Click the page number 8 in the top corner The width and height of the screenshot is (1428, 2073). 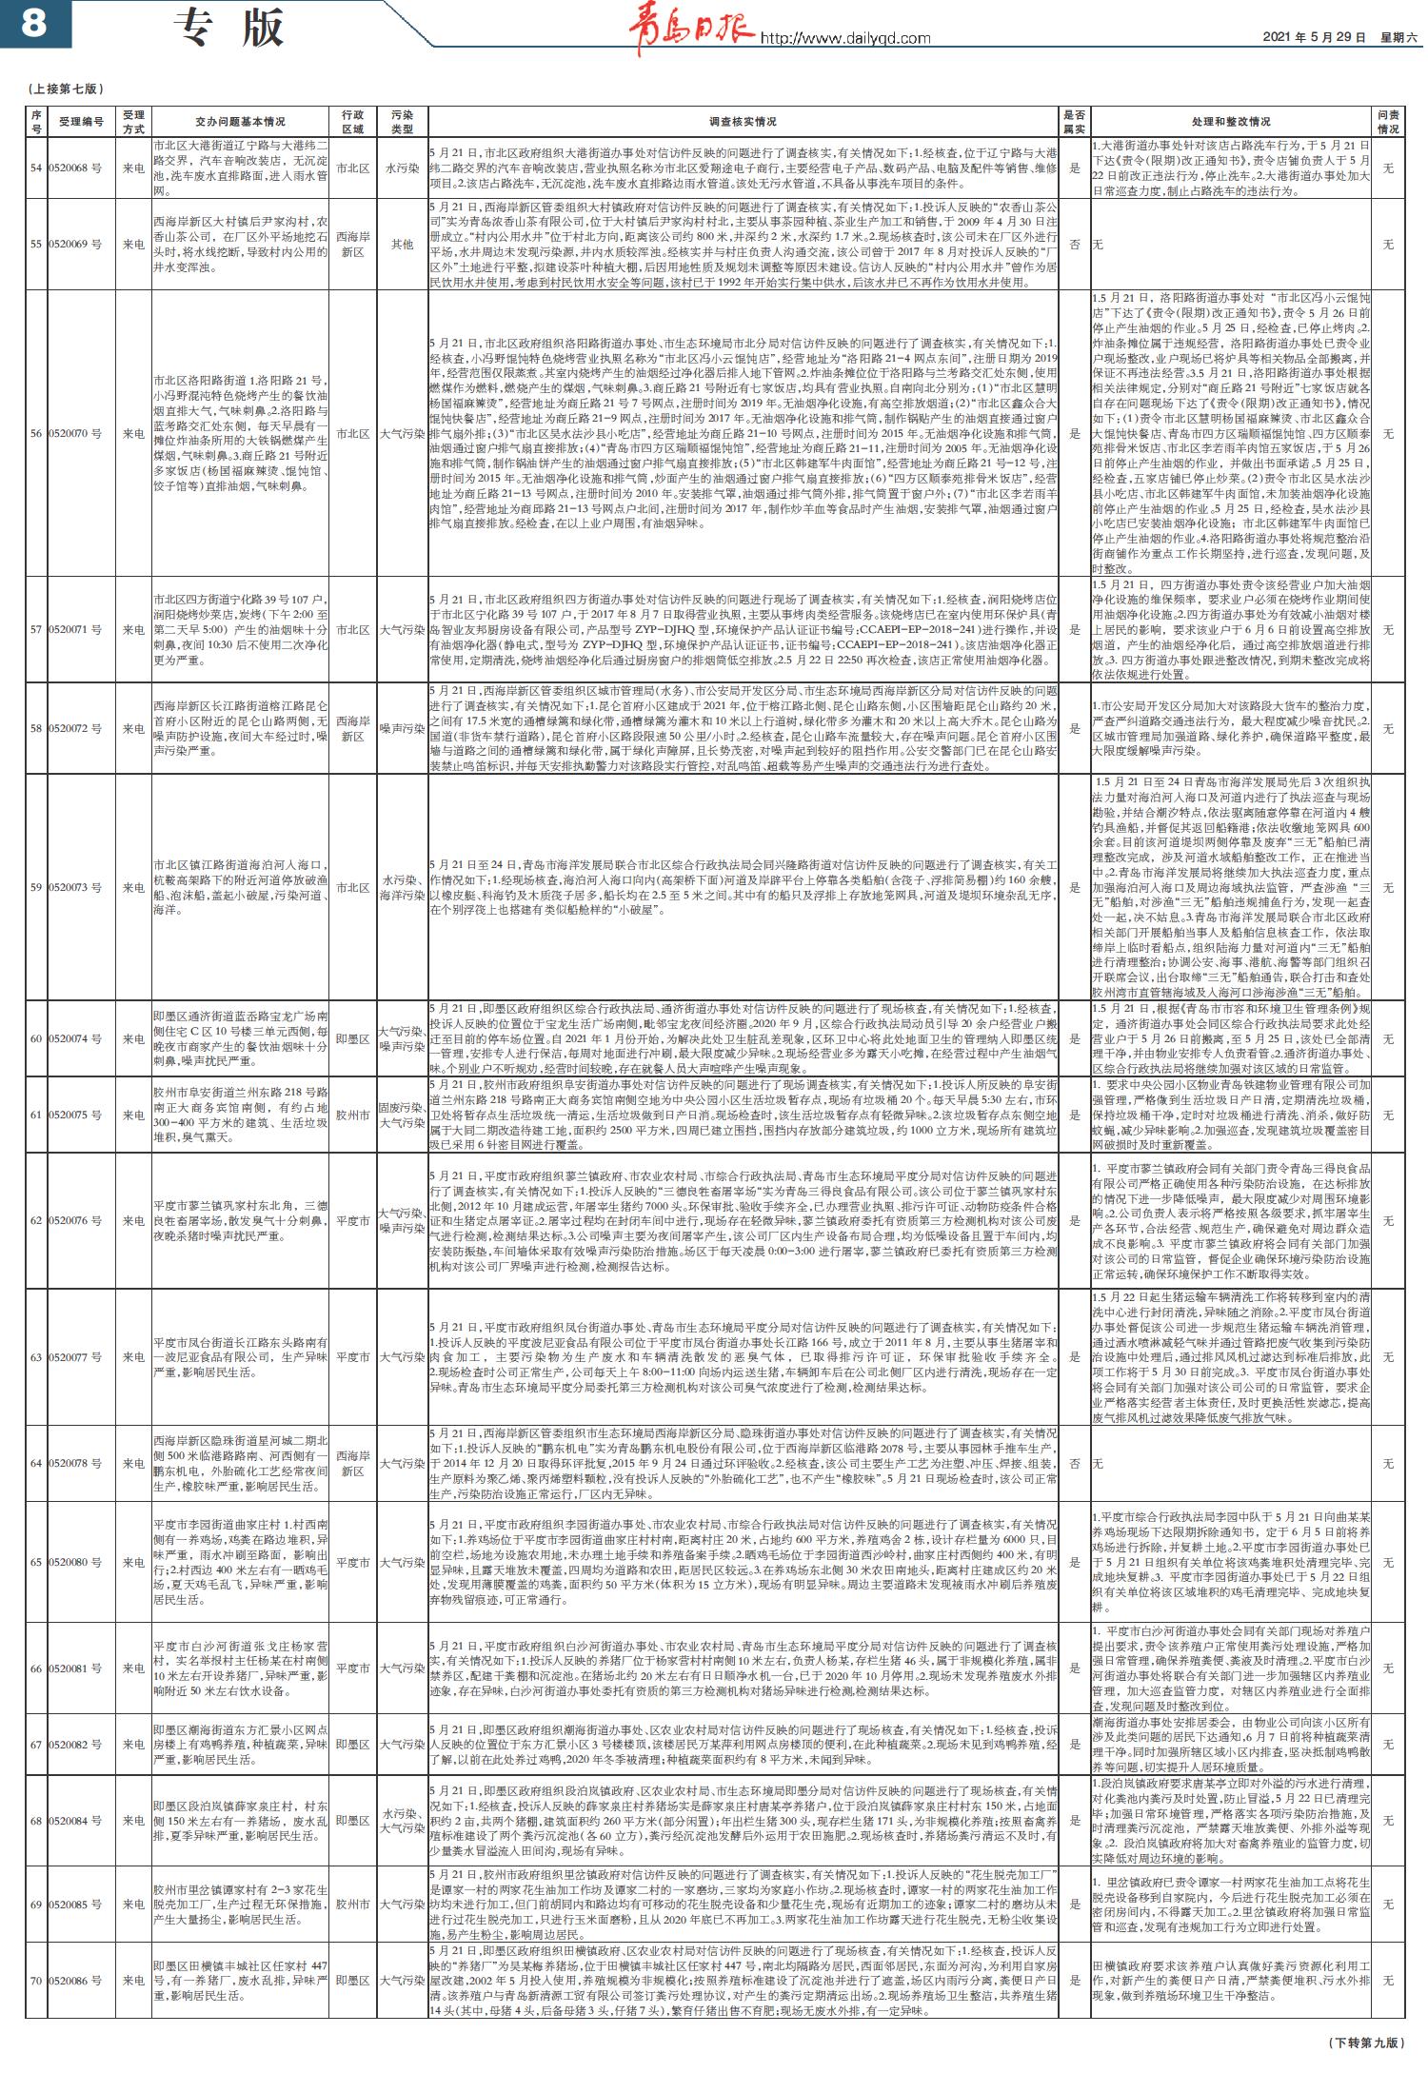coord(34,24)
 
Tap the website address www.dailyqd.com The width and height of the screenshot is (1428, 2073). coord(844,38)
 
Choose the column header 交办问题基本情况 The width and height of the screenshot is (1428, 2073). coord(240,122)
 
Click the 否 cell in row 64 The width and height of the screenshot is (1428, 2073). coord(1075,1464)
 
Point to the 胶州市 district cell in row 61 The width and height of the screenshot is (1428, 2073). coord(352,1115)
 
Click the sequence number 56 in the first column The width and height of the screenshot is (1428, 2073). coord(36,434)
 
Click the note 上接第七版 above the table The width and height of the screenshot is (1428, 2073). coord(66,89)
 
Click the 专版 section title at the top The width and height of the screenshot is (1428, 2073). coord(230,29)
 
